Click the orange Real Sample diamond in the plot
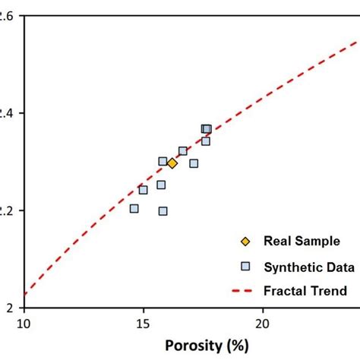click(172, 163)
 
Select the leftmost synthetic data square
click(134, 208)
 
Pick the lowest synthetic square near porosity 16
click(163, 210)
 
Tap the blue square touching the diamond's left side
click(163, 161)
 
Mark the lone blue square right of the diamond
click(194, 163)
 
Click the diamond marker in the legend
click(245, 242)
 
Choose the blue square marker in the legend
click(245, 266)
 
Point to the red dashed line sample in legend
click(245, 290)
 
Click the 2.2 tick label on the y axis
click(8, 210)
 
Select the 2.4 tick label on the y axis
click(8, 113)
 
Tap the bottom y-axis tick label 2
click(10, 308)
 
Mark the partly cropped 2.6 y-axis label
click(6, 16)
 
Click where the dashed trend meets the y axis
click(25, 294)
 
